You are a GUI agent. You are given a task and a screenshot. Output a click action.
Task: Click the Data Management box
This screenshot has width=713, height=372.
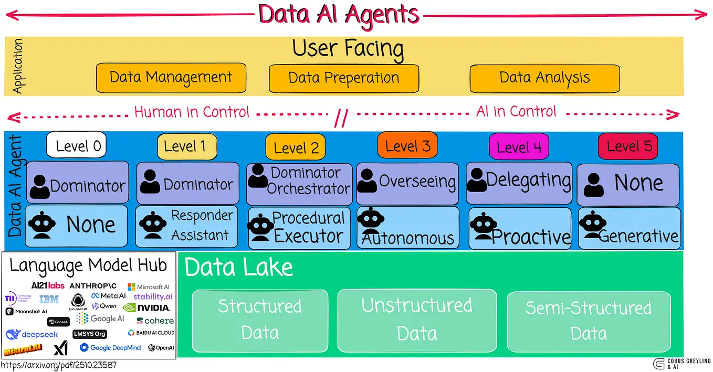click(x=171, y=78)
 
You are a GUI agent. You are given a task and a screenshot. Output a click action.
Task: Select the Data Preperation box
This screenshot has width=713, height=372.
click(x=344, y=78)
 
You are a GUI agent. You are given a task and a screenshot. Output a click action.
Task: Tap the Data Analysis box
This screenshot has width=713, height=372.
click(x=544, y=78)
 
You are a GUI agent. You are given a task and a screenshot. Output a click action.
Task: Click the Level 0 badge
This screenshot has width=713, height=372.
click(x=77, y=145)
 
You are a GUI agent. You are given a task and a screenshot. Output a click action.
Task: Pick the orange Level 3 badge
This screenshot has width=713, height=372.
click(x=407, y=145)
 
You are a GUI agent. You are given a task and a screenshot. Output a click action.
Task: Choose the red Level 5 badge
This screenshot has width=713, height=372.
click(x=628, y=146)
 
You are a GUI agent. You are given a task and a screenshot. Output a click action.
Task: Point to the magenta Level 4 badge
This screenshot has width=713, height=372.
click(x=518, y=147)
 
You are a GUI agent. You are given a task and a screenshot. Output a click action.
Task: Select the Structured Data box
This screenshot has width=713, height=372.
click(x=260, y=320)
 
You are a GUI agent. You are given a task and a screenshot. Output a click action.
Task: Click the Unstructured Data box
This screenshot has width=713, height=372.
click(x=417, y=320)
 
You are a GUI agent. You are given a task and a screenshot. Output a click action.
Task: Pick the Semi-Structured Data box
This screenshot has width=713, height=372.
click(x=589, y=321)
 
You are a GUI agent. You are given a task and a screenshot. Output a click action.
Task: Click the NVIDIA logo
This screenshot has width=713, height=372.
click(x=146, y=307)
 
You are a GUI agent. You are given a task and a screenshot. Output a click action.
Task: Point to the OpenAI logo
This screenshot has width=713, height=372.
click(x=161, y=347)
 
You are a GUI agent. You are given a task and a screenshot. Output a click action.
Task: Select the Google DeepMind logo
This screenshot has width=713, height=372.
click(x=110, y=347)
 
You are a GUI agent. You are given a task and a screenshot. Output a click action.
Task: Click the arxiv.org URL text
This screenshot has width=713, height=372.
click(x=59, y=365)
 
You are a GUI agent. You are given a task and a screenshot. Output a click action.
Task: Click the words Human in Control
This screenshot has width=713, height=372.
click(x=192, y=112)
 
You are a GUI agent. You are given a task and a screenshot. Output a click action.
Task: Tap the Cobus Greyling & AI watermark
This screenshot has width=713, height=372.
click(x=681, y=364)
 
